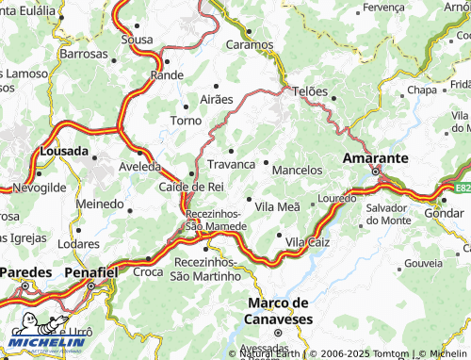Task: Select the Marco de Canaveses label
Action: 278,309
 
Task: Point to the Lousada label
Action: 64,151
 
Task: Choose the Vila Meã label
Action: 277,205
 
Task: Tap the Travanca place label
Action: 231,164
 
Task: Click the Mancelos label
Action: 297,171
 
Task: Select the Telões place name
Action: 311,91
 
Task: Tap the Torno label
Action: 185,121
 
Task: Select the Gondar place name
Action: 444,214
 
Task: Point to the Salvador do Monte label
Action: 388,213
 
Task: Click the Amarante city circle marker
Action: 375,172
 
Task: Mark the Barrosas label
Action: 84,55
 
